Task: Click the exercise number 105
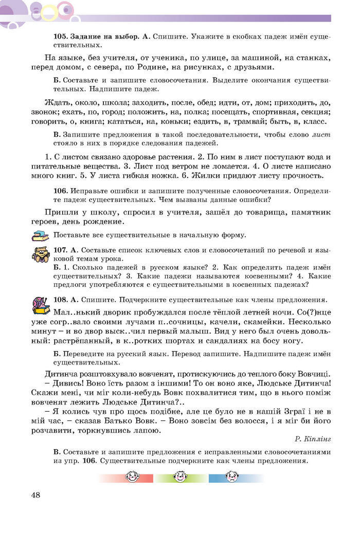61,36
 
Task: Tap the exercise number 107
61,250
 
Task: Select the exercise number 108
61,300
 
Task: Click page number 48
35,495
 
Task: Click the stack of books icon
40,235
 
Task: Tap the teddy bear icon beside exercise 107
41,255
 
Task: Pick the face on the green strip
179,477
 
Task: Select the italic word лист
322,135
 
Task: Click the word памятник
308,212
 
